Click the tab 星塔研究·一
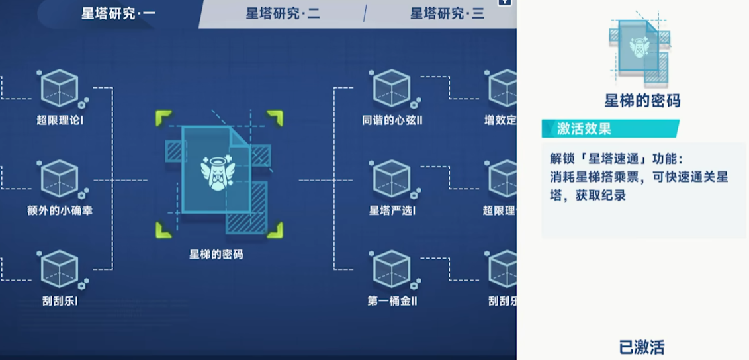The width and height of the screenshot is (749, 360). pyautogui.click(x=118, y=14)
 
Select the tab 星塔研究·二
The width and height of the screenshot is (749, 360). pyautogui.click(x=283, y=14)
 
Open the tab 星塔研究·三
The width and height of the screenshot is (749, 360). pyautogui.click(x=447, y=14)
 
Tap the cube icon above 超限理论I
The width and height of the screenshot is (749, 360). pyautogui.click(x=60, y=88)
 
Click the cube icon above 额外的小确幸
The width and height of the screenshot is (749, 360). pyautogui.click(x=60, y=179)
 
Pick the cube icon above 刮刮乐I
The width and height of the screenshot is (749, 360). pyautogui.click(x=60, y=269)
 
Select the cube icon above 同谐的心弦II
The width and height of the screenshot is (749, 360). pyautogui.click(x=392, y=88)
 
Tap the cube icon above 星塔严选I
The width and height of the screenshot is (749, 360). pyautogui.click(x=392, y=179)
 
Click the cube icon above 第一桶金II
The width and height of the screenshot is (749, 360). pyautogui.click(x=392, y=269)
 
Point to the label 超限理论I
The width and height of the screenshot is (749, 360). pyautogui.click(x=60, y=121)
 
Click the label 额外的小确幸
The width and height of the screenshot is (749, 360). pyautogui.click(x=60, y=211)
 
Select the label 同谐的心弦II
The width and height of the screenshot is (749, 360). pyautogui.click(x=392, y=121)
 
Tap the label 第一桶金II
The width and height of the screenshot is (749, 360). pyautogui.click(x=392, y=302)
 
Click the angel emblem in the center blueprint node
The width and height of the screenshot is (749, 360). pyautogui.click(x=216, y=171)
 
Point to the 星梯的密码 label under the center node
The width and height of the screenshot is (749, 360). pyautogui.click(x=216, y=254)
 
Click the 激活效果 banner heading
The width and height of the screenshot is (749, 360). pyautogui.click(x=584, y=129)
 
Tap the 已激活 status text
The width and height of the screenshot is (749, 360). pyautogui.click(x=641, y=347)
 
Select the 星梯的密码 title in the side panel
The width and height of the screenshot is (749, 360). pyautogui.click(x=642, y=101)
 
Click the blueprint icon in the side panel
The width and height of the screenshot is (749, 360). pyautogui.click(x=639, y=49)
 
